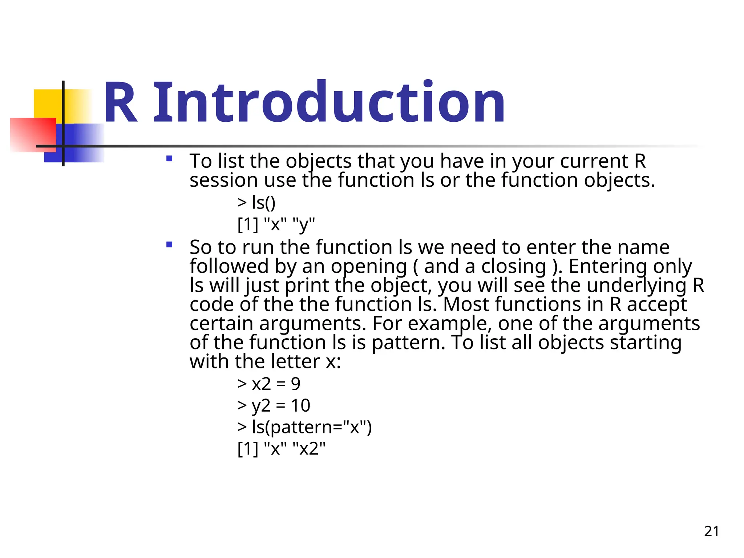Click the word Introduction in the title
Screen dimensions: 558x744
[329, 103]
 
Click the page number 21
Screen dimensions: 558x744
[711, 531]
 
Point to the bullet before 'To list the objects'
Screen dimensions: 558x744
[169, 159]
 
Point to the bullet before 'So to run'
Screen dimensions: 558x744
[169, 245]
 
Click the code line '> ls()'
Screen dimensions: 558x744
[256, 202]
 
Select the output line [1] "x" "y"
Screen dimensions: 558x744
[276, 224]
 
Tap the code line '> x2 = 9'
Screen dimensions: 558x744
[269, 384]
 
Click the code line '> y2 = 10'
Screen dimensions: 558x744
[274, 405]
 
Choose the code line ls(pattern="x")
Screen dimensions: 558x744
[304, 427]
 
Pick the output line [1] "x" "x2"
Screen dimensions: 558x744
[282, 449]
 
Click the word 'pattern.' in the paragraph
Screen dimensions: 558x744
[408, 343]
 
